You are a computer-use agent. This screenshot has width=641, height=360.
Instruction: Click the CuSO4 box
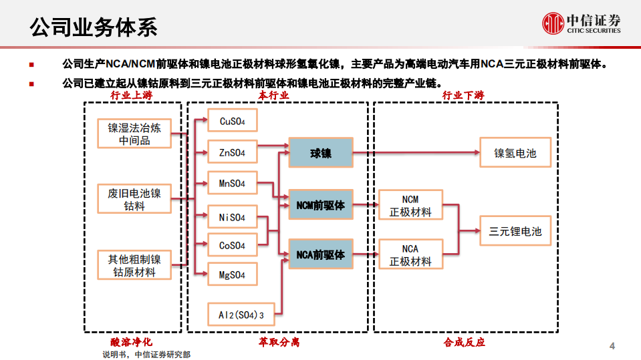[232, 121]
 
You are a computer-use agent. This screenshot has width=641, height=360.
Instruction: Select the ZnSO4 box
[232, 152]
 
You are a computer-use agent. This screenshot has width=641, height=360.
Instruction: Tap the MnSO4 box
[232, 183]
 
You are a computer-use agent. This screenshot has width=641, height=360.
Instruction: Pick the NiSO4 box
[232, 216]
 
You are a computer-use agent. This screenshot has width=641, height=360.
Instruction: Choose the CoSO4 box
[232, 245]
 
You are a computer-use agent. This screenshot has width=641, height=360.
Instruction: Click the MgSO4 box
[232, 275]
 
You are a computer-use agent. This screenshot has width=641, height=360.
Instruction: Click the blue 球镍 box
[320, 153]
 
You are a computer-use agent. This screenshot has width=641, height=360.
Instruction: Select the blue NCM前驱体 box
[320, 206]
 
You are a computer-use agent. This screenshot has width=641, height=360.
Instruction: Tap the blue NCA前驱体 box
[320, 254]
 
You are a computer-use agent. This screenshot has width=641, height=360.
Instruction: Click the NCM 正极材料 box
[410, 206]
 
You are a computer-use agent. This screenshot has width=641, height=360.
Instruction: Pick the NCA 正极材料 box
[410, 254]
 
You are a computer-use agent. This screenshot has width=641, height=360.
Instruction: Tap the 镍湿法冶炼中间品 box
[134, 134]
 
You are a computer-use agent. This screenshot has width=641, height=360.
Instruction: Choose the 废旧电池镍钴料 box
[134, 200]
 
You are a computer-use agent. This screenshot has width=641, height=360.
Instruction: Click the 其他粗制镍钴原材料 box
[134, 265]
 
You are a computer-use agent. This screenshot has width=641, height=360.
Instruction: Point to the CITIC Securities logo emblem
[553, 23]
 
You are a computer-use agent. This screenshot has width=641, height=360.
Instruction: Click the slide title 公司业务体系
[94, 27]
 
